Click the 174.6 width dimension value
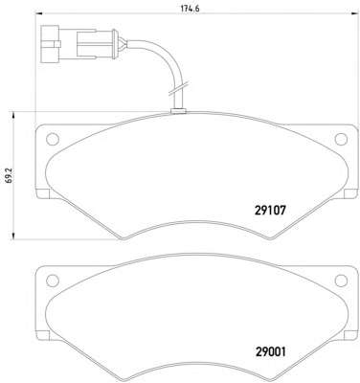[191, 9]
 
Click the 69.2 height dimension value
[10, 176]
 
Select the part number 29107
[270, 210]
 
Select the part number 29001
[270, 351]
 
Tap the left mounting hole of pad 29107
[53, 139]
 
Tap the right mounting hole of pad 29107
[341, 139]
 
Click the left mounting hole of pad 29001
[53, 281]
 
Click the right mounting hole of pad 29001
[341, 281]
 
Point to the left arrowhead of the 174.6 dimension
[36, 13]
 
